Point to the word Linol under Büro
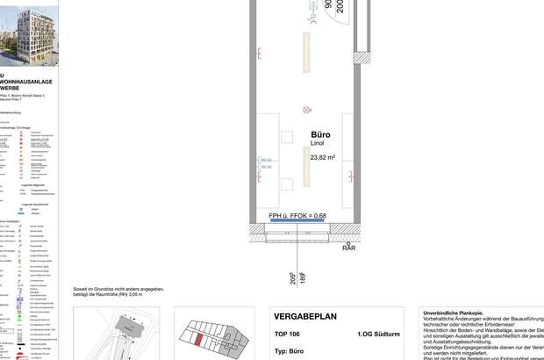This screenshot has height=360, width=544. (319, 145)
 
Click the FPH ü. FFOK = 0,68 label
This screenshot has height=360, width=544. (297, 215)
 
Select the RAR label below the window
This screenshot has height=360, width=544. (349, 248)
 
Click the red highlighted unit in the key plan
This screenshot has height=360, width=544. (198, 340)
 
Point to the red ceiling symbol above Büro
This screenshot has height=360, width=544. (306, 110)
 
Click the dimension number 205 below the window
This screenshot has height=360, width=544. (293, 279)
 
